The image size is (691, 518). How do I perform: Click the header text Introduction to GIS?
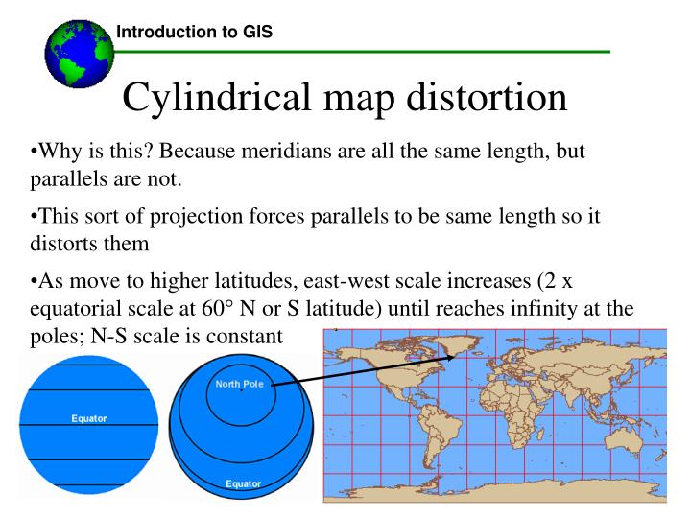[193, 32]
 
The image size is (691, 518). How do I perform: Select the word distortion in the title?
[474, 97]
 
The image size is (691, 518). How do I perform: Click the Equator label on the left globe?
[87, 418]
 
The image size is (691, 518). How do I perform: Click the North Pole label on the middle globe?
[240, 386]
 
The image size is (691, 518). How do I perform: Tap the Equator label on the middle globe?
[242, 483]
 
